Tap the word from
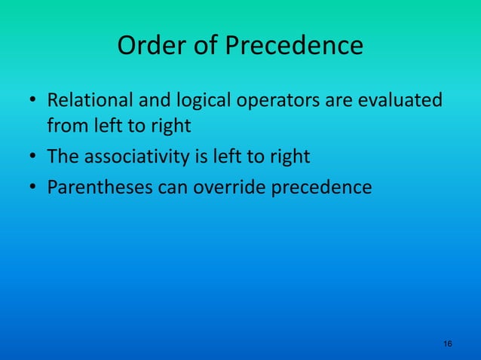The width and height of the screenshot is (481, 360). pos(65,126)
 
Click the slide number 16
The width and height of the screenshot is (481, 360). pos(448,343)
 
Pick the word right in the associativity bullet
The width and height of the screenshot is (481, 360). pos(291,157)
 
